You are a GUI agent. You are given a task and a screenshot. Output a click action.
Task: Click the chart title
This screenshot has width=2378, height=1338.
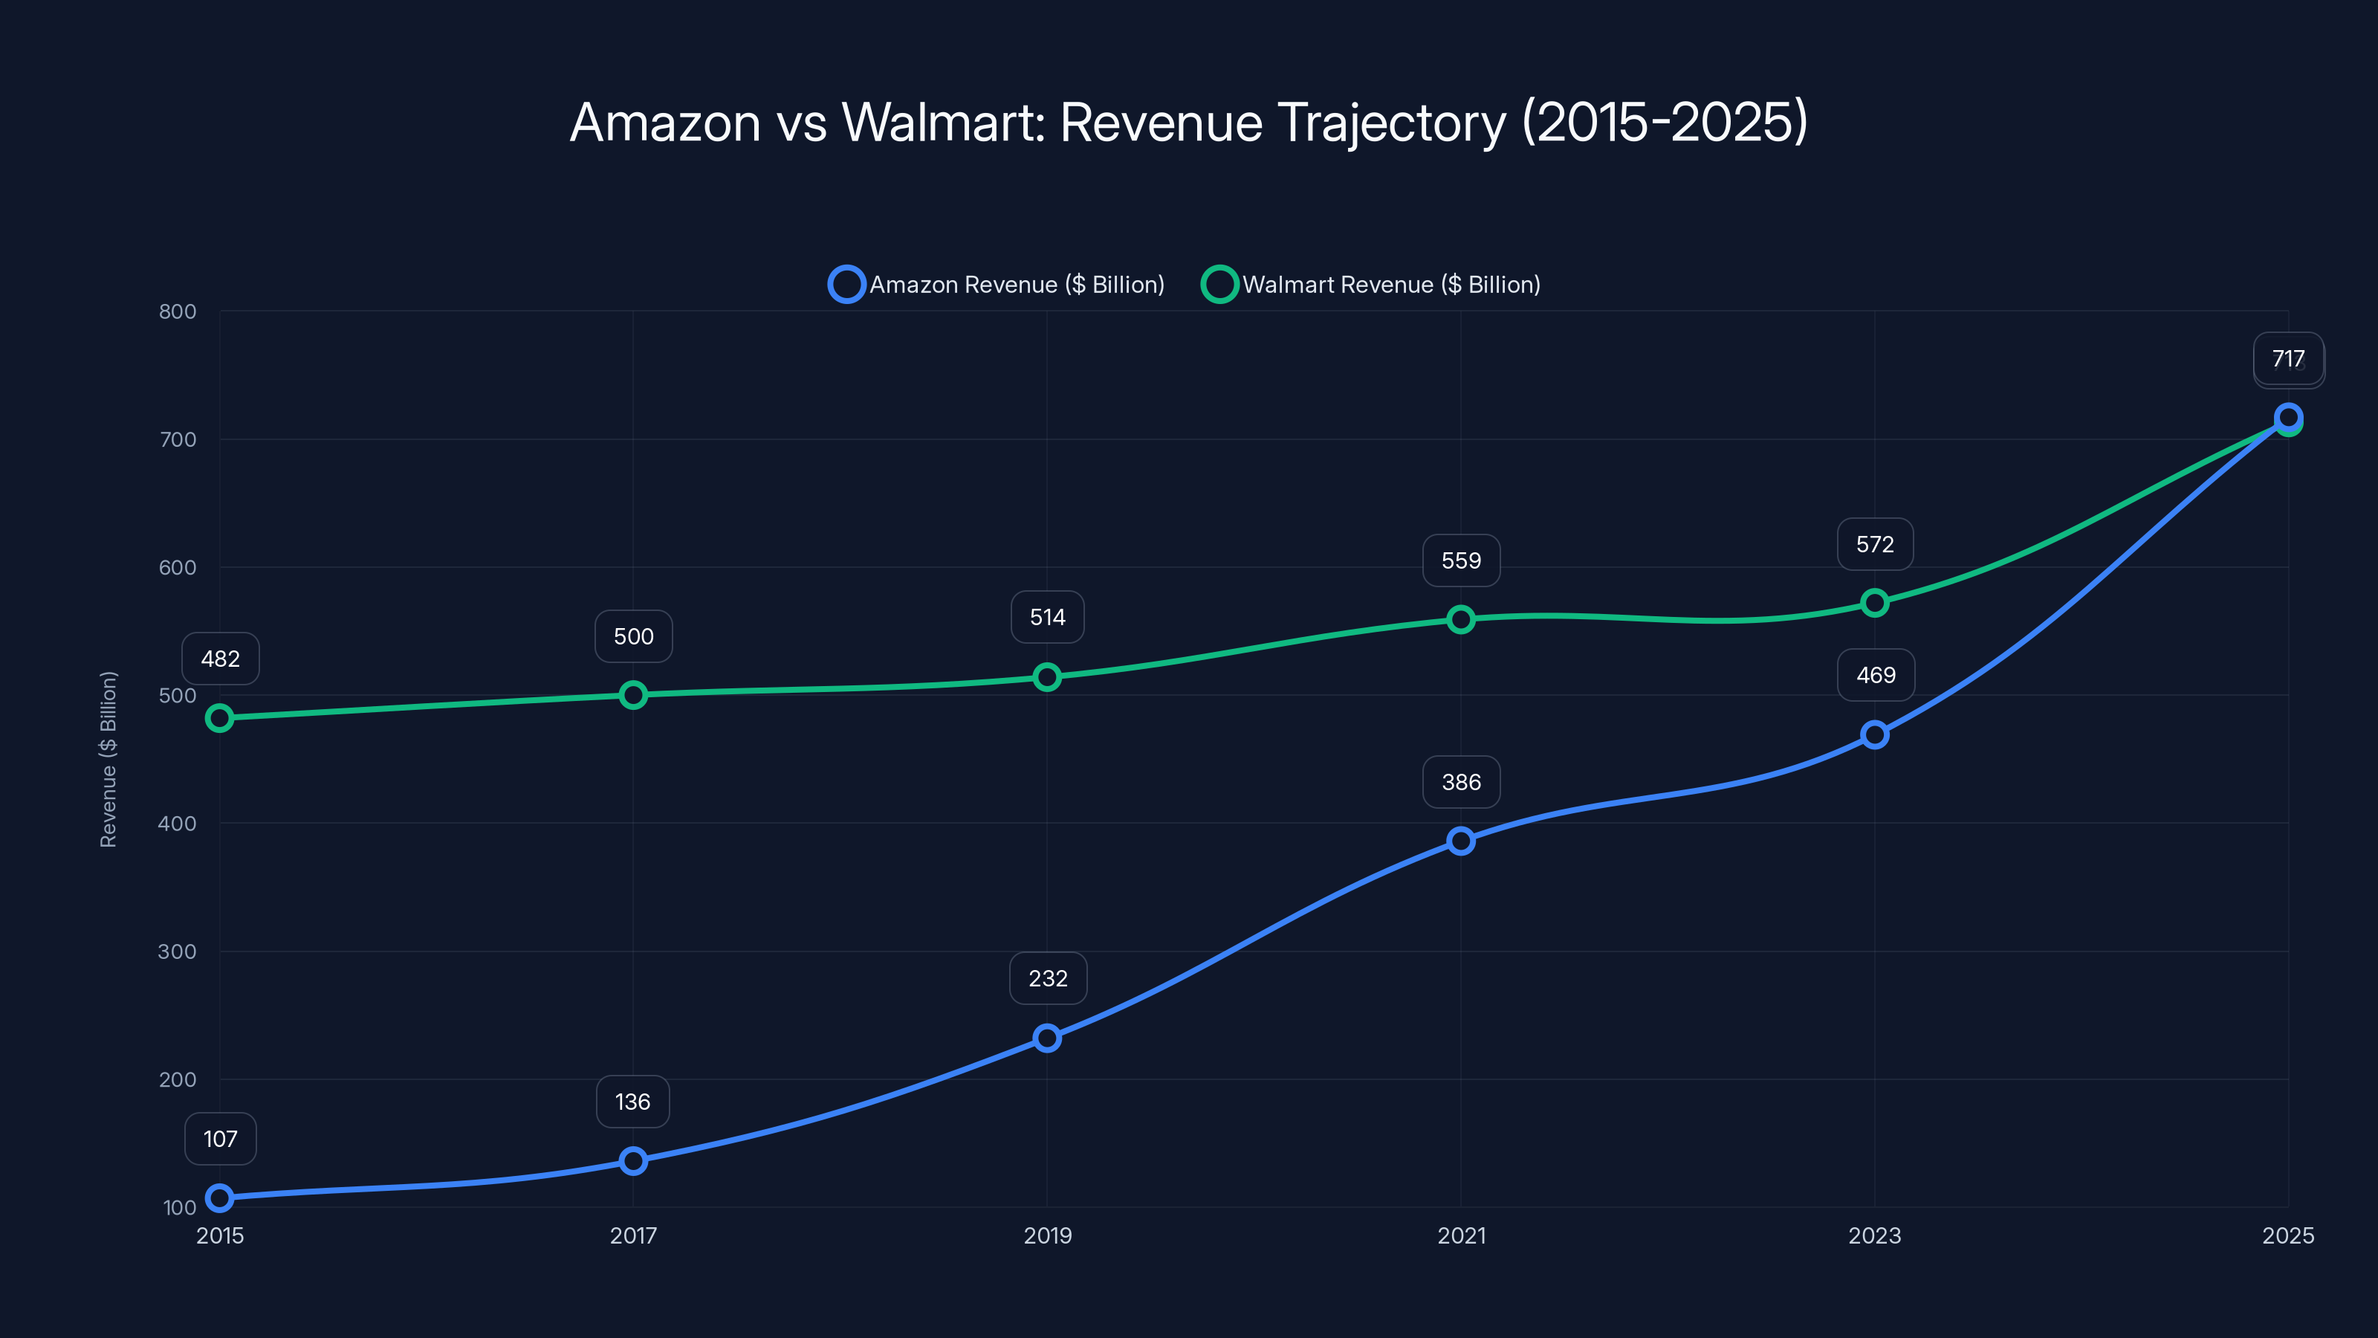[1189, 122]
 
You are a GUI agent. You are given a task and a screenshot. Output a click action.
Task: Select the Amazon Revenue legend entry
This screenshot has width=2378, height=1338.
[997, 285]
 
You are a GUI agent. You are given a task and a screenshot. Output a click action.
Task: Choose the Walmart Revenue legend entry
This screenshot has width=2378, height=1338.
[1372, 285]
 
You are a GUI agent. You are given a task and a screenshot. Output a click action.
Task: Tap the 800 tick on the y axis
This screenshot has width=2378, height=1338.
[178, 311]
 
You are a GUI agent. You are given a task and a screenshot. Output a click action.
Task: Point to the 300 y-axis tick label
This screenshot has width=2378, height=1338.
[178, 951]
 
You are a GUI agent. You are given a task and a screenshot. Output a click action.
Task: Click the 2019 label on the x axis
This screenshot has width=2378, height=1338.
[1047, 1235]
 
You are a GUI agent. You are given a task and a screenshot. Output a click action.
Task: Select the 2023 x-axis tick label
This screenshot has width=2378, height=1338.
[1874, 1235]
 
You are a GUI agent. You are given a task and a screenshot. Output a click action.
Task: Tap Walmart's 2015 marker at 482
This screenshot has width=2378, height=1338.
[220, 717]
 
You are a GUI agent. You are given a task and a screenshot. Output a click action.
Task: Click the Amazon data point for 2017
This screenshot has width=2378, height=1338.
[633, 1160]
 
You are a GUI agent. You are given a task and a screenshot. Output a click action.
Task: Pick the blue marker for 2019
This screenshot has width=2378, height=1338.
[1047, 1038]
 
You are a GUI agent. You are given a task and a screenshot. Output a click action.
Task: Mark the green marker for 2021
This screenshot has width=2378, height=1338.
[1460, 618]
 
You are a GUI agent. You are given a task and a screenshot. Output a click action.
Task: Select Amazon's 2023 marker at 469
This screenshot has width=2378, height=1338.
[1874, 734]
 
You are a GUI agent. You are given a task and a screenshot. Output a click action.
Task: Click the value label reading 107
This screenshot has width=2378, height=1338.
[221, 1139]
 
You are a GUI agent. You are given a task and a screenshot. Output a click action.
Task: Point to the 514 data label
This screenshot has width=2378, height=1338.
[1047, 617]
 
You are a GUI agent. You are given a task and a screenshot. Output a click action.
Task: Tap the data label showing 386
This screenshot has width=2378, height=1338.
[1460, 782]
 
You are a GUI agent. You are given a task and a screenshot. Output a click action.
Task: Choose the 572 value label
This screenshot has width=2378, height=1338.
[1874, 544]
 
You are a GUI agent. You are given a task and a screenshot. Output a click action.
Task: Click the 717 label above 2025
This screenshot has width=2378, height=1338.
[2287, 358]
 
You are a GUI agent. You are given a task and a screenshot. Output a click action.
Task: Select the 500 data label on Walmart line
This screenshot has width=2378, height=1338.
[633, 636]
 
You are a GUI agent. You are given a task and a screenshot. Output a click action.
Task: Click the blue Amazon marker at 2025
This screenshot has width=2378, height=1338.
[2287, 416]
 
